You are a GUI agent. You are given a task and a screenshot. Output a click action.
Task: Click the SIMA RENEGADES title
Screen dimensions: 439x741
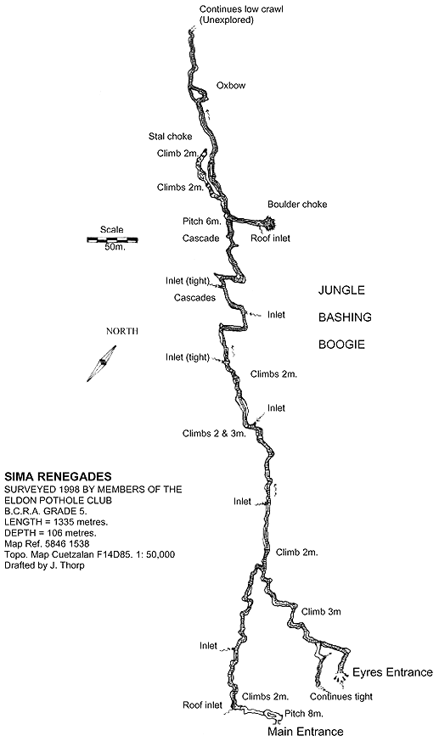click(58, 476)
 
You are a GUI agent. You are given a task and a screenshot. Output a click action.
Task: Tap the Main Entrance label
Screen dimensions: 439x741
click(306, 732)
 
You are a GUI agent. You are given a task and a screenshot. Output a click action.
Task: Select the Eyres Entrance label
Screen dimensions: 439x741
click(392, 672)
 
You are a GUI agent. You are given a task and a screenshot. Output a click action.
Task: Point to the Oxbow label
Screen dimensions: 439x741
click(231, 86)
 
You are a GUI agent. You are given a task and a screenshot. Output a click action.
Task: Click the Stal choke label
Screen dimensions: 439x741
click(170, 137)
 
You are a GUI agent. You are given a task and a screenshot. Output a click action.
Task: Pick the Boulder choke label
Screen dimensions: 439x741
click(297, 205)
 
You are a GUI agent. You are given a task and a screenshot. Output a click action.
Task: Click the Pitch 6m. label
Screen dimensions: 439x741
click(201, 222)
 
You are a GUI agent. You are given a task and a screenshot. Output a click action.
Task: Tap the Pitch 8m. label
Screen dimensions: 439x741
click(304, 714)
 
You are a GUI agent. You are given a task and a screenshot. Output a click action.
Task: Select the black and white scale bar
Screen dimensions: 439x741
click(112, 239)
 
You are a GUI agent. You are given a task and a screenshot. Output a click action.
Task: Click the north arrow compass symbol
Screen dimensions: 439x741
click(102, 363)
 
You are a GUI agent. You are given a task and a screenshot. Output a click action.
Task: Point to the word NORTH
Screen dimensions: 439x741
click(122, 331)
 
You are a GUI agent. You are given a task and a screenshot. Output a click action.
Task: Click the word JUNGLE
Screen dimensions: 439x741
click(341, 290)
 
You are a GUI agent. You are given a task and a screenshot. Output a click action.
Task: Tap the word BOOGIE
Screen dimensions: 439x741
click(341, 345)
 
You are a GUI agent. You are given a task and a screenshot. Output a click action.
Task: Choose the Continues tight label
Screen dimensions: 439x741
click(341, 697)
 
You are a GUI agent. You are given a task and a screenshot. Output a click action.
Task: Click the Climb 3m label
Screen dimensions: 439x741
click(321, 611)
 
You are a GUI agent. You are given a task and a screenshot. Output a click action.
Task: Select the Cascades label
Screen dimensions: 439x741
click(194, 298)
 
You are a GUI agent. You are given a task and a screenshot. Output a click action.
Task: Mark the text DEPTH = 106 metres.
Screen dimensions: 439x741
click(51, 532)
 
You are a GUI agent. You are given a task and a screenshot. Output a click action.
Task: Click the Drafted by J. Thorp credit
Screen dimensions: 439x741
click(44, 565)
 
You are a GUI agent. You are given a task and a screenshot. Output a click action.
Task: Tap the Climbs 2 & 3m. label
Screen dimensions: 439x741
click(215, 434)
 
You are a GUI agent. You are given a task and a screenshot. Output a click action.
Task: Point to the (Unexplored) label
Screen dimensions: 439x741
click(227, 20)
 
